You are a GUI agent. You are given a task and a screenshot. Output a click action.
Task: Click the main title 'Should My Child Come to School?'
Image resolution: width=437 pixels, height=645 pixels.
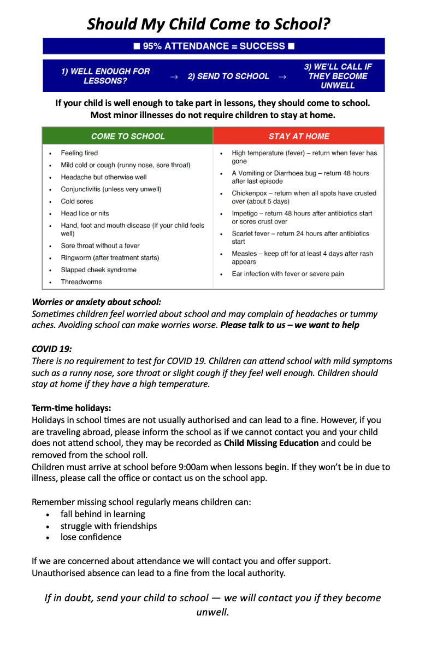coord(209,24)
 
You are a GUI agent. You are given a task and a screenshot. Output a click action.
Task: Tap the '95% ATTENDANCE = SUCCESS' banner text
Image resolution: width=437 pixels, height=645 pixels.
coord(214,46)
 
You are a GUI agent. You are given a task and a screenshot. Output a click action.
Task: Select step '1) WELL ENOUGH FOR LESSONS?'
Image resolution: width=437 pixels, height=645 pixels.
coord(105,76)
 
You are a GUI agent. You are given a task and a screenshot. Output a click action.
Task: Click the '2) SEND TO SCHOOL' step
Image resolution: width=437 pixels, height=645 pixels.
coord(228,77)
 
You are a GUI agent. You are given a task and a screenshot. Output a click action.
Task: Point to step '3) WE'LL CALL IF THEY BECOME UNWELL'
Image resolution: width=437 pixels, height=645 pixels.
coord(338,76)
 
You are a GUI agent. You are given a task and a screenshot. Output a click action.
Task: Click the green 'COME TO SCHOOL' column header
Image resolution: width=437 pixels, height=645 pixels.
coord(128,136)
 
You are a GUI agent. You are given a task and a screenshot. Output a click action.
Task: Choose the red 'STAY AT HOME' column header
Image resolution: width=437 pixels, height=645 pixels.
coord(299,136)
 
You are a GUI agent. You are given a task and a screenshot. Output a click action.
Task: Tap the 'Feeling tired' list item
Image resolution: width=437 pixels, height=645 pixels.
coord(79,153)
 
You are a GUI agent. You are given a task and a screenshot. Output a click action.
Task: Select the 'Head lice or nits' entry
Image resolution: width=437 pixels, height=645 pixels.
coord(85,213)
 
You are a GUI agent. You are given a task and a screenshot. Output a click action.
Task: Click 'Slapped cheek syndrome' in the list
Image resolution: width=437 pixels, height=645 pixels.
coord(98,269)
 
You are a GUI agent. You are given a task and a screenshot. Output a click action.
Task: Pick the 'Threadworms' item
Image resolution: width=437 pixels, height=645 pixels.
coord(81,282)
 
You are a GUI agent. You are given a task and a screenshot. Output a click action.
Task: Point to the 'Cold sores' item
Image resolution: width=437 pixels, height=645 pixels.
coord(77,201)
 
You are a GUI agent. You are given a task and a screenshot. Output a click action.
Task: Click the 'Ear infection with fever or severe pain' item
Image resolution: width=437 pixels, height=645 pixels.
coord(288,274)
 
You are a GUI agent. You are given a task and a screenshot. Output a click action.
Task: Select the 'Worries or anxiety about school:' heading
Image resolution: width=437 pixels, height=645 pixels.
coord(96,302)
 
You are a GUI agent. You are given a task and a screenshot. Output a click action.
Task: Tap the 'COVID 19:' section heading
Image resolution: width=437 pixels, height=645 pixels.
coord(52,348)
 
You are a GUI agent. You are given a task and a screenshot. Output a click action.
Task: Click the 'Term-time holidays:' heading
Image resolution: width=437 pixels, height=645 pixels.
coord(72,408)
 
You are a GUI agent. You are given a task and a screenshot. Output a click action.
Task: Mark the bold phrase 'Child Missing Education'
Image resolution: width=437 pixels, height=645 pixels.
coord(271,443)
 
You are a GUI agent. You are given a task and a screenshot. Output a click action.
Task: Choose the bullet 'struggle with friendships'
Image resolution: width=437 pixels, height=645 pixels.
coord(109,526)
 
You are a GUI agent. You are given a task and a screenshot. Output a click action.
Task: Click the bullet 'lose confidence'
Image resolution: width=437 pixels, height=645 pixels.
coord(91,537)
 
